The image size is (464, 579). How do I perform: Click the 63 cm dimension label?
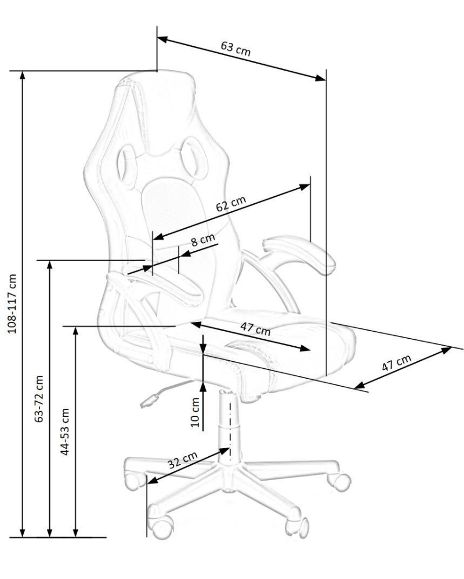235,49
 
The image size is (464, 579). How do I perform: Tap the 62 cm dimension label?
231,206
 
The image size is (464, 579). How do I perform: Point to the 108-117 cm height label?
13,321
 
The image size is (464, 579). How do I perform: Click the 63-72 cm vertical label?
39,400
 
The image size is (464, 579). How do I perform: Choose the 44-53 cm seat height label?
66,431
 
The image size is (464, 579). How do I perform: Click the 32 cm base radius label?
182,461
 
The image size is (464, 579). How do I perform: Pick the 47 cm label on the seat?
255,328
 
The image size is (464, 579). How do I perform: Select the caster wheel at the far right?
338,479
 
